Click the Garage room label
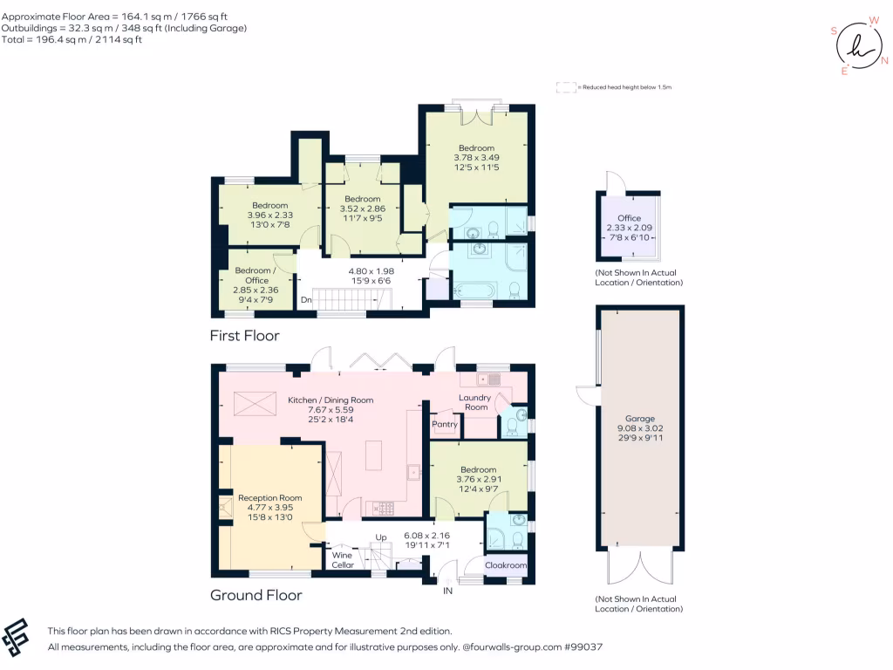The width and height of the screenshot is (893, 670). click(639, 419)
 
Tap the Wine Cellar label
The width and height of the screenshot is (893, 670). click(343, 559)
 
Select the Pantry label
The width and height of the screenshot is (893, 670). click(445, 425)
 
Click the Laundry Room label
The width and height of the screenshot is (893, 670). click(475, 402)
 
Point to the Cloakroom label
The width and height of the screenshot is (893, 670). click(506, 565)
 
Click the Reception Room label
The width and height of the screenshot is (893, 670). click(270, 498)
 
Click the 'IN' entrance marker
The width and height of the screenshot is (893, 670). click(448, 591)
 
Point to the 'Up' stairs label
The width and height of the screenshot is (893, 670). click(381, 537)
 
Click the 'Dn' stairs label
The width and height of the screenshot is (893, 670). click(306, 300)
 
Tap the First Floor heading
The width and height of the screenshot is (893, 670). click(244, 335)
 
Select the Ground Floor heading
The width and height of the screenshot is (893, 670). click(256, 595)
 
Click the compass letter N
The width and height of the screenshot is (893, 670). click(883, 60)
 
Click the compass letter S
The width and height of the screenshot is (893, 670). click(835, 31)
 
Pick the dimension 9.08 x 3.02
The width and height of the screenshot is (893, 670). click(639, 428)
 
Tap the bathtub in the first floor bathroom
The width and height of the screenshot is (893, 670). click(474, 290)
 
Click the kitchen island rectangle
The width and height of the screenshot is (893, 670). click(373, 455)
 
